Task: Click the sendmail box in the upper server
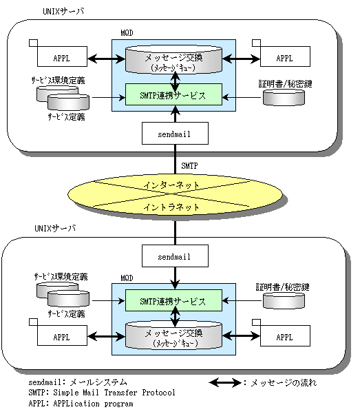175,134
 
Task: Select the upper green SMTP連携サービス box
173,94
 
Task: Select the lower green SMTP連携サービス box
173,300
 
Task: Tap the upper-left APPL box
62,56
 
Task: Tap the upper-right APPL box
285,56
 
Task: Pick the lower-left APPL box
62,335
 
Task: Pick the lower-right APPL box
285,336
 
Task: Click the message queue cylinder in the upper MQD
173,60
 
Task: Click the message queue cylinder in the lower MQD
173,335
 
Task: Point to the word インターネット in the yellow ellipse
171,185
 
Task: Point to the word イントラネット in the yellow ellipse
171,207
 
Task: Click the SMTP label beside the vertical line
189,166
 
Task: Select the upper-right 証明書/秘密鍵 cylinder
284,97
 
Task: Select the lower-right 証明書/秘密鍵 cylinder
284,300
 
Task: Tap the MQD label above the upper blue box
127,33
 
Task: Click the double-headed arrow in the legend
225,382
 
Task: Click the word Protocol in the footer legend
158,393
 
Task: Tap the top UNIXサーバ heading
63,11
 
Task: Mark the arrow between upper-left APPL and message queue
106,59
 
